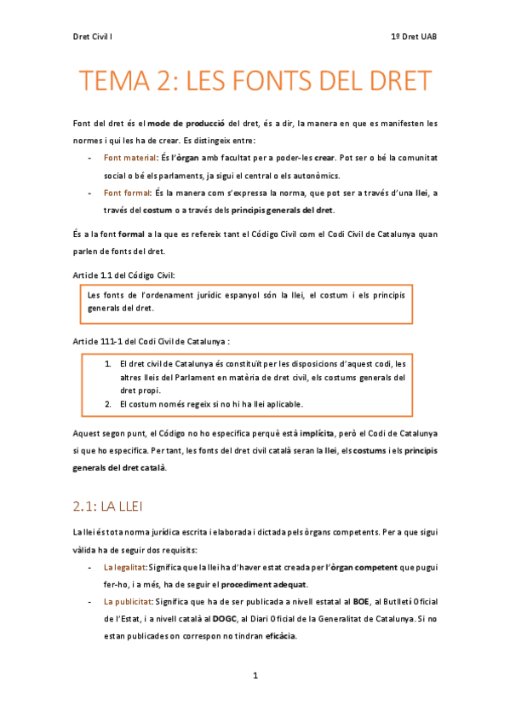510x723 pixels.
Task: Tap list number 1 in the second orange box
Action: point(108,363)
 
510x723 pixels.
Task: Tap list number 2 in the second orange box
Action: point(108,403)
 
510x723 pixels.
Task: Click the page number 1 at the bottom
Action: point(255,675)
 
